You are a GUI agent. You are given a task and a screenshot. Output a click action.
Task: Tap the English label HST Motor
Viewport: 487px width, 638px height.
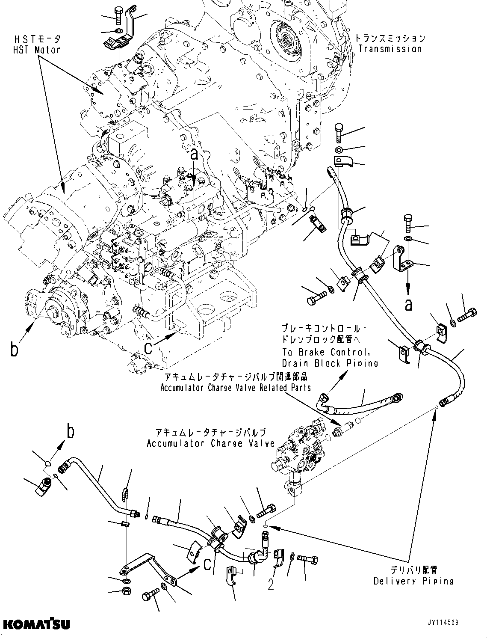36,50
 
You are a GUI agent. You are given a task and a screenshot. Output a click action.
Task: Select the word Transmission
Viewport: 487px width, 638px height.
390,49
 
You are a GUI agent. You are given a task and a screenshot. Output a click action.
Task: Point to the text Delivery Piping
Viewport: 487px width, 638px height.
413,581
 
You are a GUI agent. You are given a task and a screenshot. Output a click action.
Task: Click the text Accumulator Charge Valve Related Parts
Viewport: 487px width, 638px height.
236,388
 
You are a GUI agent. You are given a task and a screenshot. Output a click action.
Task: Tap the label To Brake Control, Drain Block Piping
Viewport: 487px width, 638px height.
330,357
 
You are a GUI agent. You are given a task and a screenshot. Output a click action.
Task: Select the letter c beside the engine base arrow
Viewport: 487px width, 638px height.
148,348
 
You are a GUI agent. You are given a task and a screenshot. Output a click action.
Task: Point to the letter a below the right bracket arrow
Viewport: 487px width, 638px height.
409,304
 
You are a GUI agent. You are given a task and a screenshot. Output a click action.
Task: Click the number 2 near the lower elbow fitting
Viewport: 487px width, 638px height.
271,585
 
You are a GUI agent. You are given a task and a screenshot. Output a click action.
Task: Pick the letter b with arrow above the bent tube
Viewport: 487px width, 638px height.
71,432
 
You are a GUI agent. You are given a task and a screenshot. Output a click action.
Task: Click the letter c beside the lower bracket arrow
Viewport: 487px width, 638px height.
207,565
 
